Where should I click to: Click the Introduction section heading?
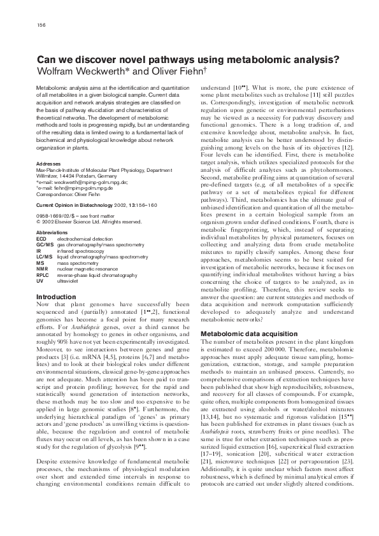click(x=56, y=297)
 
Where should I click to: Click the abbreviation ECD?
click(x=41, y=238)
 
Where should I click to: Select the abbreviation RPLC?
click(x=43, y=272)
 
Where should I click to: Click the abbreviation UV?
click(x=39, y=278)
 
